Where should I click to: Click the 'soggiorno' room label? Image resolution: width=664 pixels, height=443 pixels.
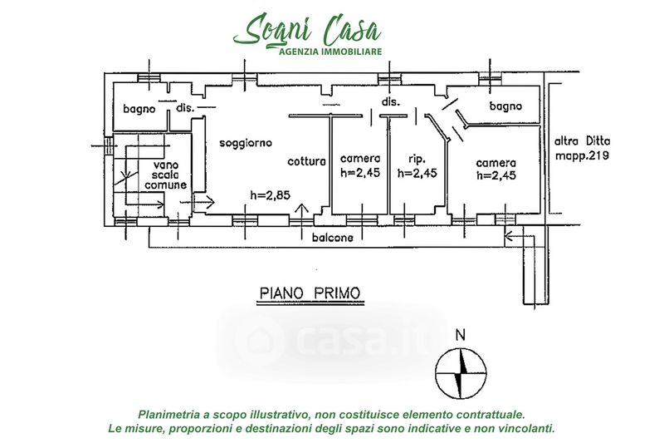(x=246, y=144)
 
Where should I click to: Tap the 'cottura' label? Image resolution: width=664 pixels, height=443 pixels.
(x=306, y=161)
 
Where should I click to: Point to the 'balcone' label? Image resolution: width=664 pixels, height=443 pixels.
(x=333, y=238)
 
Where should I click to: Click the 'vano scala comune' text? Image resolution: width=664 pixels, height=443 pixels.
(x=165, y=175)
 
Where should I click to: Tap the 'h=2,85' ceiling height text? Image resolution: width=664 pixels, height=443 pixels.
(x=271, y=195)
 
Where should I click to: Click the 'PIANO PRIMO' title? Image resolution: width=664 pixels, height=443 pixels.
(x=310, y=293)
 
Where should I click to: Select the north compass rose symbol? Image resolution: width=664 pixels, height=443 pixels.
(x=461, y=373)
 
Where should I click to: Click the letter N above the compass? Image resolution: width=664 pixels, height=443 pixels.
(x=461, y=335)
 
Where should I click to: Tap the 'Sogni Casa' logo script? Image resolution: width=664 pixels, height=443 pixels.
(x=307, y=29)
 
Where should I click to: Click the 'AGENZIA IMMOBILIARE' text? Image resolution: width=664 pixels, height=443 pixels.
(x=330, y=52)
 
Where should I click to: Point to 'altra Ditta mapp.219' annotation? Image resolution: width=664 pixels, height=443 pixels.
(x=583, y=149)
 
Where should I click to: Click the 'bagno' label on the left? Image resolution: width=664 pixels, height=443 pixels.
(x=139, y=110)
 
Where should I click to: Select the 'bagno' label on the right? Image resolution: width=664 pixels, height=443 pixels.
(x=505, y=106)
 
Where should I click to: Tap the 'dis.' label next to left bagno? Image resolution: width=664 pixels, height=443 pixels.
(x=185, y=108)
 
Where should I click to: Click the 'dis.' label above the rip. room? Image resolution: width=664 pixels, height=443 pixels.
(x=391, y=101)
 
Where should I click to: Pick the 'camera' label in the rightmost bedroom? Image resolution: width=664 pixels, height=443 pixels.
(x=496, y=163)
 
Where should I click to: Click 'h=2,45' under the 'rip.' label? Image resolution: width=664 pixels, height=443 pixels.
(x=417, y=173)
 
